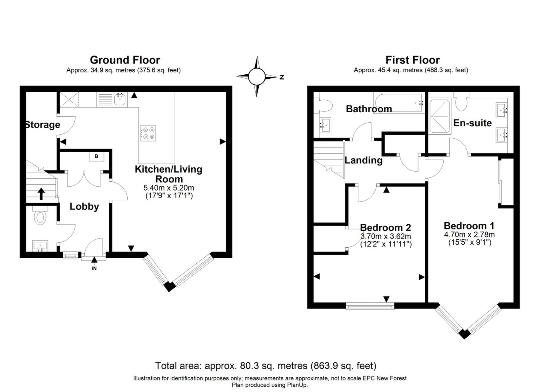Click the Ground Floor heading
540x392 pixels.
click(x=125, y=60)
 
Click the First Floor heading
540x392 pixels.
click(x=412, y=60)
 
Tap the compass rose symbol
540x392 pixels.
click(x=257, y=77)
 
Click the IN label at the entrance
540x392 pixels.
click(x=94, y=268)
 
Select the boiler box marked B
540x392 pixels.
click(x=96, y=156)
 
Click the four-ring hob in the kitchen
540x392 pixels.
click(x=148, y=133)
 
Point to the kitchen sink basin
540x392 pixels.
click(x=120, y=99)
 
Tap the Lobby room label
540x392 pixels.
click(x=84, y=207)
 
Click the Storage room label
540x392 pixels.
click(x=43, y=125)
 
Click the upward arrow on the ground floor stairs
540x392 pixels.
click(x=41, y=194)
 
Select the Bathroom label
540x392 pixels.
click(x=369, y=109)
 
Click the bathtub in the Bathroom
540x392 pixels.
click(x=399, y=102)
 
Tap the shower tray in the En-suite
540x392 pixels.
click(x=440, y=117)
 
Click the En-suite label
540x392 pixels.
click(x=472, y=123)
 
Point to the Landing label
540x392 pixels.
click(x=364, y=160)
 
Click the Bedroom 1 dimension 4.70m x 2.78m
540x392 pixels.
click(x=469, y=234)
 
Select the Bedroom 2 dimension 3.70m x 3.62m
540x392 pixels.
click(x=386, y=236)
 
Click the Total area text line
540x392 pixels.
click(x=266, y=366)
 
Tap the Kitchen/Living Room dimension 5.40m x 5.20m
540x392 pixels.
click(x=169, y=187)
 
